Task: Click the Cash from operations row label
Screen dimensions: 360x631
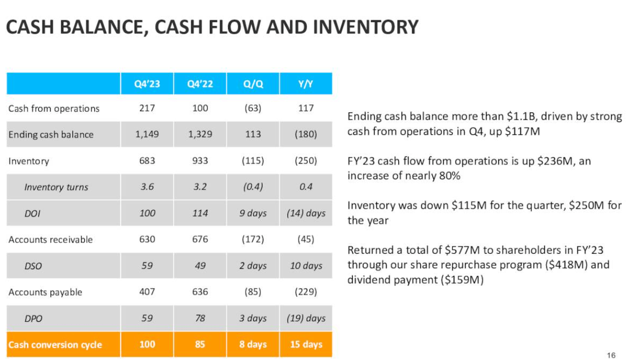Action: [x=54, y=108]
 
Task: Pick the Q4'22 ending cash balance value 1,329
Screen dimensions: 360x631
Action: [x=200, y=134]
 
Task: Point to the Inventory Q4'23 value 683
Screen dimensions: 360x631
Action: [x=147, y=161]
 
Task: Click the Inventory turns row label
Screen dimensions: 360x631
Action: [x=56, y=187]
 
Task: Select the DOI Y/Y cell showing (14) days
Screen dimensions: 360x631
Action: [x=306, y=213]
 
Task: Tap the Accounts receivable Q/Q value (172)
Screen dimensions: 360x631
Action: [x=253, y=239]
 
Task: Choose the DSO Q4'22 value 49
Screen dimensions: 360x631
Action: [x=200, y=266]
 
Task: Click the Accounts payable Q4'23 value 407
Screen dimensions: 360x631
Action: [x=147, y=292]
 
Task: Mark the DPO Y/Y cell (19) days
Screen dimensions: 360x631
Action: [x=306, y=318]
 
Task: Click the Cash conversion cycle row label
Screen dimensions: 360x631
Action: [x=55, y=345]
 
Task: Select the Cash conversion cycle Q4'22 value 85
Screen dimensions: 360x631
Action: [x=200, y=345]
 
